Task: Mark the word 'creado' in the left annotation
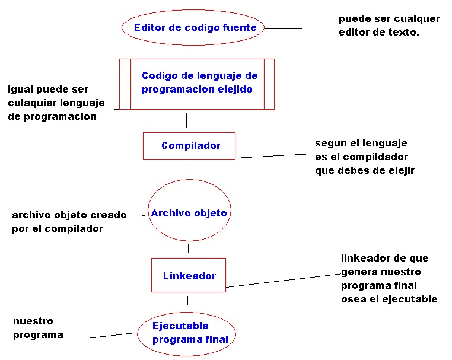[109, 215]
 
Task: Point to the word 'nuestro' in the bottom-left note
[33, 321]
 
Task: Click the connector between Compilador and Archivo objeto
[189, 168]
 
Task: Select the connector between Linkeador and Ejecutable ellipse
[187, 301]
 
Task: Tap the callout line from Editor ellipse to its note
[301, 28]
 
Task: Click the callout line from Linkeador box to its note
[284, 281]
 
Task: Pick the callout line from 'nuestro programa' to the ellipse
[112, 336]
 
